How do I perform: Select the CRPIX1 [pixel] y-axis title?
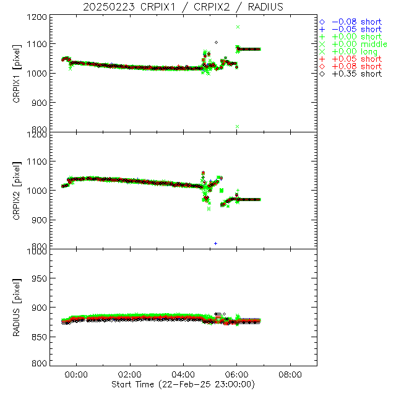18,74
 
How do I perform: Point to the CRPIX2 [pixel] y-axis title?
18,191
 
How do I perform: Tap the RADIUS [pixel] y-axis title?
18,308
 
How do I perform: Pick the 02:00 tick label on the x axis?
130,374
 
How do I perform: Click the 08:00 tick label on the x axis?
290,374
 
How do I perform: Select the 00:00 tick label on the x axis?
77,374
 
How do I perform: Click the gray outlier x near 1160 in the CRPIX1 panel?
238,27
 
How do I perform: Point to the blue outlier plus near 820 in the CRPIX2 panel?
215,243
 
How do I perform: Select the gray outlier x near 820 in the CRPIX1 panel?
238,126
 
